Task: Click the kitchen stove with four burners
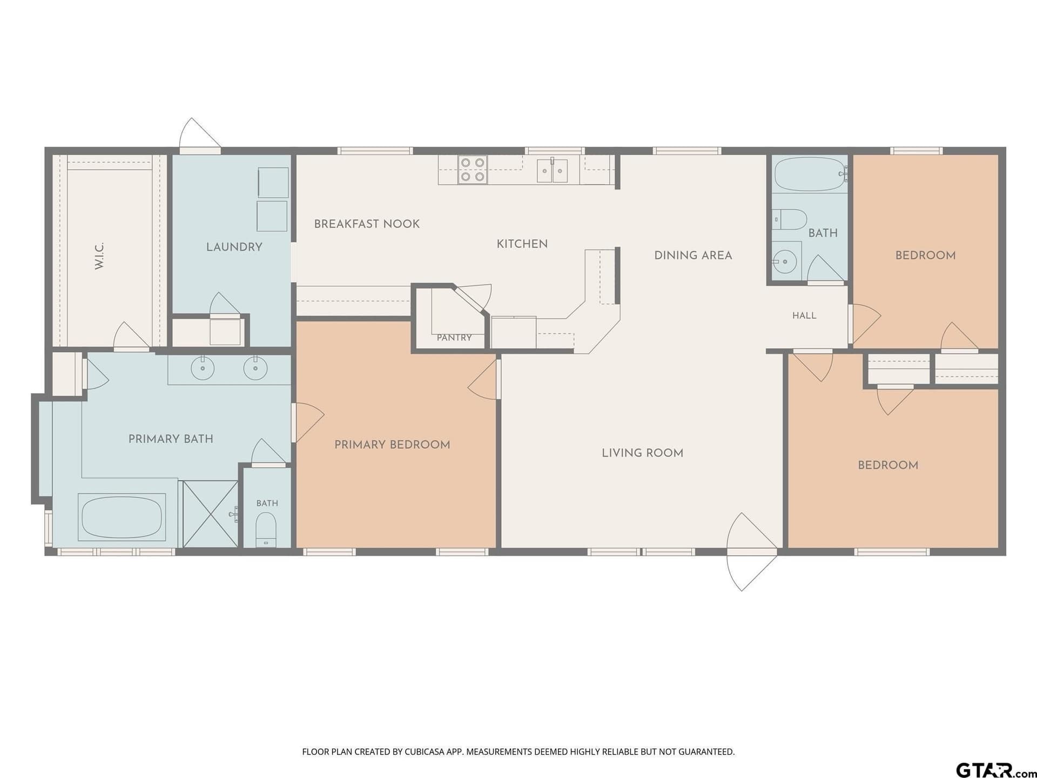pos(473,170)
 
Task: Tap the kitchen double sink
pos(552,170)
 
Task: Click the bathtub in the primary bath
pos(122,517)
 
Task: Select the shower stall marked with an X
pos(210,514)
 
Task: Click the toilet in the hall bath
pos(789,219)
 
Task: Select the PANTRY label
pos(454,338)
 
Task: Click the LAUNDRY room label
pos(234,247)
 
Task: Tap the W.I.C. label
pos(99,256)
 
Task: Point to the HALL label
pos(804,316)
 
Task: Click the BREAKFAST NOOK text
pos(367,224)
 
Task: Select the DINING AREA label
pos(693,256)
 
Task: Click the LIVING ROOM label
pos(643,453)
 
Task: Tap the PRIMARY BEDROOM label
pos(392,445)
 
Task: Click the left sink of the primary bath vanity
pos(203,368)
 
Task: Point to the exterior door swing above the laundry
pos(200,134)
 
